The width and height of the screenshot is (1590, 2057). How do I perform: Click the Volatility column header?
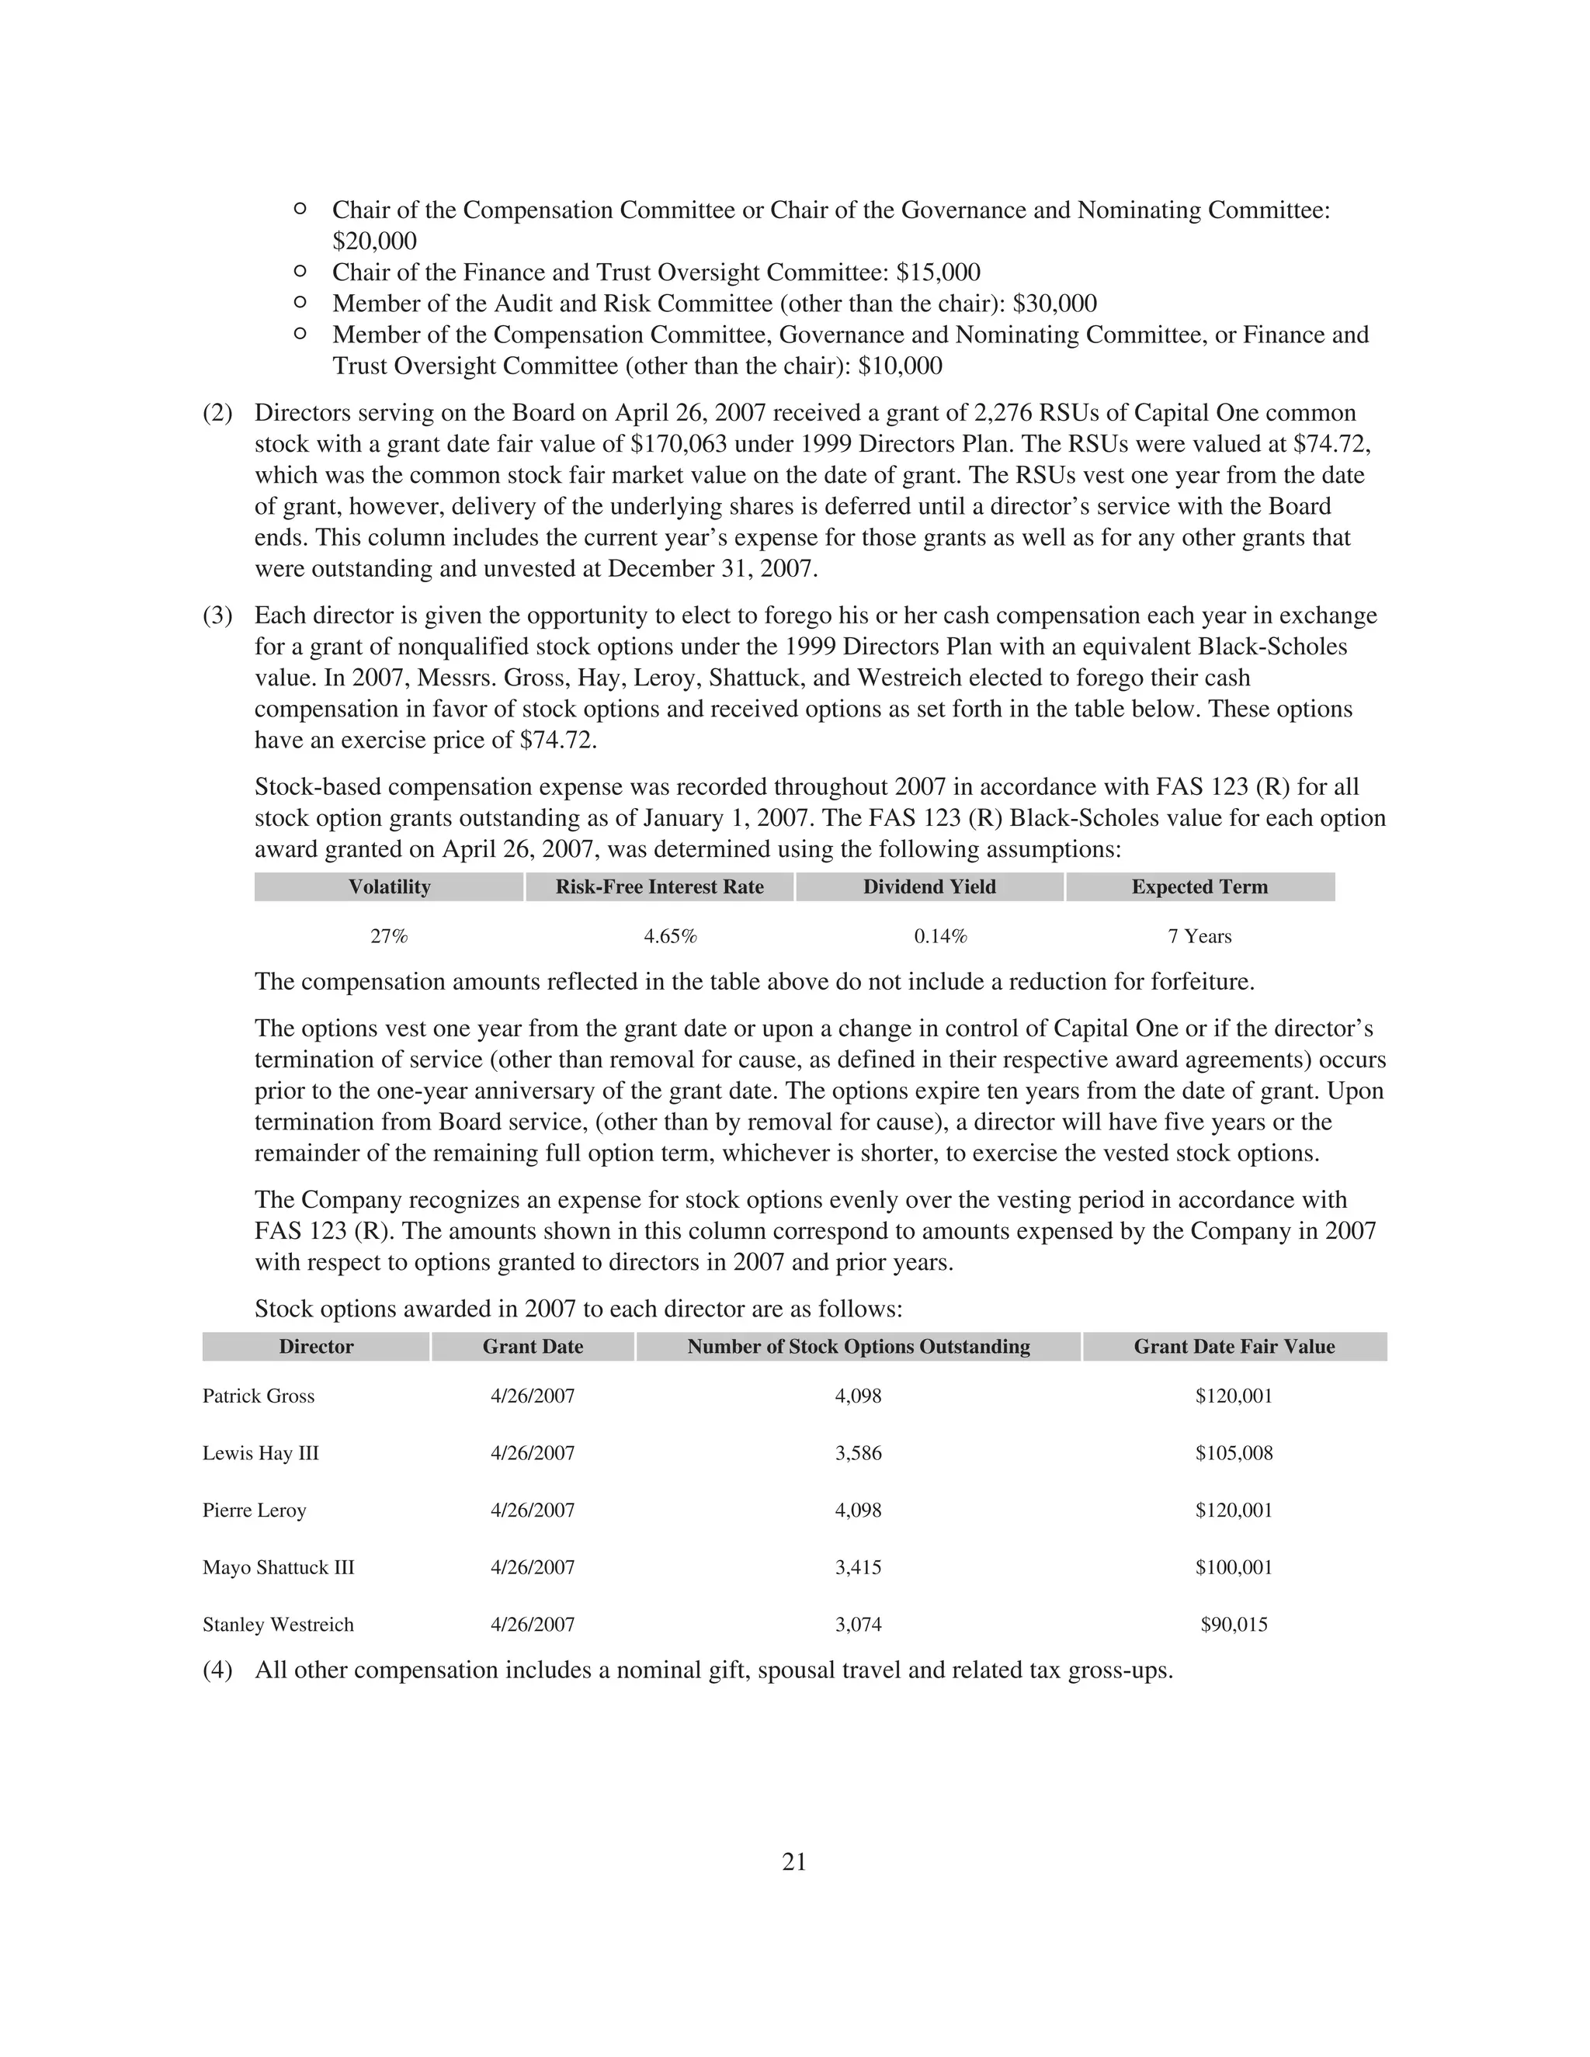click(389, 887)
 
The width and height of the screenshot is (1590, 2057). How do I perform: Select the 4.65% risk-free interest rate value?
click(670, 936)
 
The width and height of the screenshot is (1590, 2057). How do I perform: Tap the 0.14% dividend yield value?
click(940, 936)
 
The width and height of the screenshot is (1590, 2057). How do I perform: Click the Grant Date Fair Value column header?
click(1234, 1347)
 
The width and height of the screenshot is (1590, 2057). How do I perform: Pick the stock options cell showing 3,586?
click(858, 1453)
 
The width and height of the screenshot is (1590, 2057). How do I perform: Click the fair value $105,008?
click(1234, 1453)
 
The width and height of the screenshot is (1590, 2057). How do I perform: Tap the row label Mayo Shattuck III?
click(278, 1567)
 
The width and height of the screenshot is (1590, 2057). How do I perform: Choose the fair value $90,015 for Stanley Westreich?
click(1234, 1625)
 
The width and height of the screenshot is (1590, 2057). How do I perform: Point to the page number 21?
click(794, 1862)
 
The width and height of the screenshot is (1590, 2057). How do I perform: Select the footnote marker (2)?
click(217, 414)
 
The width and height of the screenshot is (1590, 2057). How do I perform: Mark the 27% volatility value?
click(389, 936)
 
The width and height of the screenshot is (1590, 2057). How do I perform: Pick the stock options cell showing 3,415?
click(858, 1567)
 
